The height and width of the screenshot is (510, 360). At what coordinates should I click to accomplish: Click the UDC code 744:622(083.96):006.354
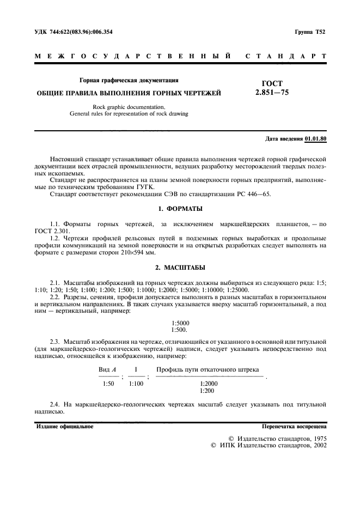[x=82, y=33]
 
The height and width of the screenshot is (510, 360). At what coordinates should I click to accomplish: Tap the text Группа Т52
[x=309, y=33]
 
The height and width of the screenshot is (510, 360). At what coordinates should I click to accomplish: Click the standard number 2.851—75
[x=276, y=93]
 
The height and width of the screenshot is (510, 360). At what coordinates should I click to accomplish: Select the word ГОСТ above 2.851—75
[x=272, y=83]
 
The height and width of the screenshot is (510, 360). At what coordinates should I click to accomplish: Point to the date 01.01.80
[x=316, y=139]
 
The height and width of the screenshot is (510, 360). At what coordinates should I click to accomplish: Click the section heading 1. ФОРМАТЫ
[x=180, y=209]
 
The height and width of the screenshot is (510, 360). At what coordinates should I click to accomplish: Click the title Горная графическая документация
[x=129, y=80]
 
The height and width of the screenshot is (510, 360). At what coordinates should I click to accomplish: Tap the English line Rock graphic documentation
[x=129, y=107]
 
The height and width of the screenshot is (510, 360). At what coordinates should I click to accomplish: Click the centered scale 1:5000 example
[x=180, y=323]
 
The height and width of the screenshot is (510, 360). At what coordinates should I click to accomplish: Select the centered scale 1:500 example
[x=179, y=330]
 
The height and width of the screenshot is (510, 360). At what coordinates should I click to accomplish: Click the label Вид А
[x=108, y=370]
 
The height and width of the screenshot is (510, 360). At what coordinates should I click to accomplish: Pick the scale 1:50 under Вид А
[x=108, y=384]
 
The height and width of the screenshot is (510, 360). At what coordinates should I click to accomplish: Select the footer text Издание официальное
[x=65, y=427]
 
